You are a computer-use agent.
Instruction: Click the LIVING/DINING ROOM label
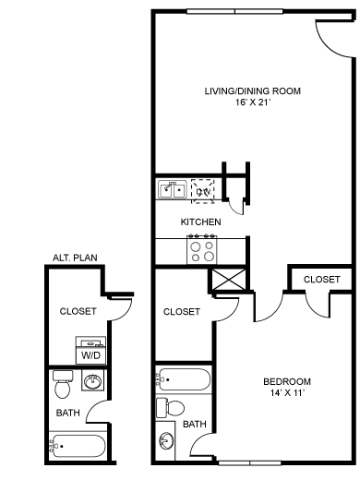[253, 90]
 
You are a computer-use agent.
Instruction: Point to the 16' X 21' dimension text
[253, 104]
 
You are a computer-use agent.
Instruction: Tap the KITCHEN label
[199, 222]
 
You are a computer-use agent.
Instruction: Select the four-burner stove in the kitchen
[202, 247]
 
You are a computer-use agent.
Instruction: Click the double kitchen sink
[172, 191]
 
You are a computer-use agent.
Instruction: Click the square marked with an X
[226, 280]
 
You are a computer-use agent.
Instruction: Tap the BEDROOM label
[286, 381]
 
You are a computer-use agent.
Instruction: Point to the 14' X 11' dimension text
[286, 394]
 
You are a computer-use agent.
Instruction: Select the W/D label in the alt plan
[92, 354]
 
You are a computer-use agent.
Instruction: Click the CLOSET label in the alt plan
[78, 311]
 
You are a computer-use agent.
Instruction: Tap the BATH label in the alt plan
[67, 413]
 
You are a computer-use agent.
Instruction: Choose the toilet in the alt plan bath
[63, 379]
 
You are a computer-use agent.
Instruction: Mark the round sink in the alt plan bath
[93, 382]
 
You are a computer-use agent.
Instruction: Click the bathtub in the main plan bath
[185, 378]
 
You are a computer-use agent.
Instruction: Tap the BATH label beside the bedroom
[194, 424]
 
